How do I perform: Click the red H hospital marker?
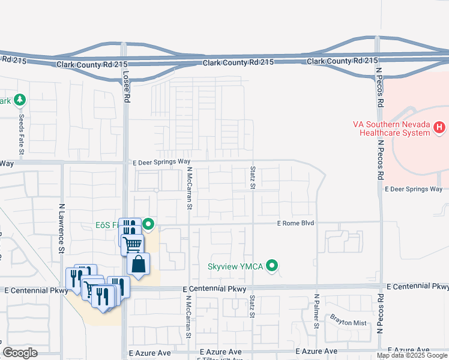coord(439,127)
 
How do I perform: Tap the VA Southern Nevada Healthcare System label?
coord(391,128)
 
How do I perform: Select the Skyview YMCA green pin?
coord(273,265)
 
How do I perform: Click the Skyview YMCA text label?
coord(235,266)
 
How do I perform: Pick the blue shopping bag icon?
coord(138,265)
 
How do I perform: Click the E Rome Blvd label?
coord(295,223)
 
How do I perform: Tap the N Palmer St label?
coord(316,314)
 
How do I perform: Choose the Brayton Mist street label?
coord(346,323)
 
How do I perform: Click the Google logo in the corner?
coord(20,353)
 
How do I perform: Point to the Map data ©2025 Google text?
coord(412,355)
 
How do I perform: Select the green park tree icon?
coord(20,99)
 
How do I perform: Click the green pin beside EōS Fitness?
coord(148,225)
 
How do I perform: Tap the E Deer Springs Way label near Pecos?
coord(413,189)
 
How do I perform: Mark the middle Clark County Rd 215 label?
coord(238,62)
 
